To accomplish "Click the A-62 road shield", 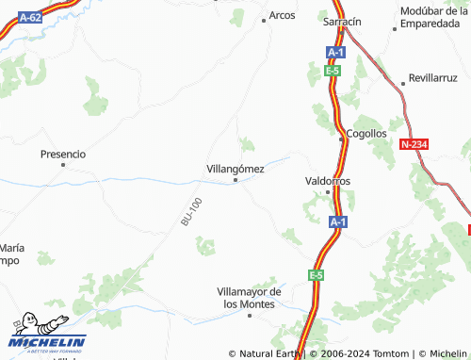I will click(29, 17).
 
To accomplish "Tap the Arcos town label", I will click(282, 15).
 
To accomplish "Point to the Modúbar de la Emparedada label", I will click(433, 18).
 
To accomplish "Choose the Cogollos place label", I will click(366, 134).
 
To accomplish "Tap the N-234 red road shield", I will click(414, 143).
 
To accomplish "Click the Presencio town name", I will click(63, 153).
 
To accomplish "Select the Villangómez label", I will click(235, 169).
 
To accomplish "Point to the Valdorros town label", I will click(328, 179).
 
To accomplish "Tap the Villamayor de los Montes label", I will click(250, 298).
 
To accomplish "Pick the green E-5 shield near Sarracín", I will click(332, 71).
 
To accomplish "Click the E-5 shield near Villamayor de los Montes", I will click(316, 274).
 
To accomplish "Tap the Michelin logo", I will click(47, 334).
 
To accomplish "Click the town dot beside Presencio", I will click(63, 164).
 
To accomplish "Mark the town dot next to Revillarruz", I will click(403, 80).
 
